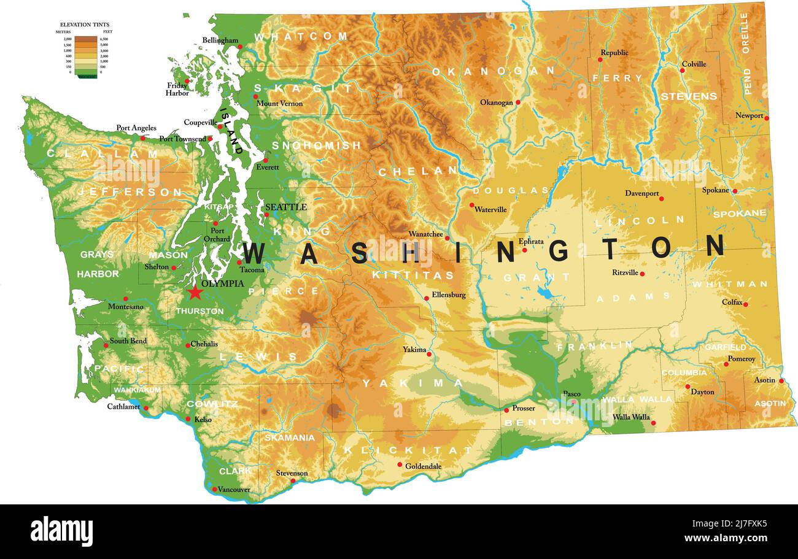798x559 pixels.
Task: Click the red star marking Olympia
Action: [195, 293]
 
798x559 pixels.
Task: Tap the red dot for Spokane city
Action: [735, 191]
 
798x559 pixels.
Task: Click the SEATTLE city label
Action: [285, 207]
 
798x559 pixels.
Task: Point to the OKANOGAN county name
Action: [493, 71]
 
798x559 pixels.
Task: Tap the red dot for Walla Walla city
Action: [653, 423]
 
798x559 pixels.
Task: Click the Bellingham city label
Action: [220, 40]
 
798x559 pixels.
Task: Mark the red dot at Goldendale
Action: [400, 465]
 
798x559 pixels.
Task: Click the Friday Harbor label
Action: [177, 90]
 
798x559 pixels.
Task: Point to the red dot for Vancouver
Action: [214, 489]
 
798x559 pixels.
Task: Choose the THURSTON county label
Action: [199, 311]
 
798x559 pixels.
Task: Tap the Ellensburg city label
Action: [448, 295]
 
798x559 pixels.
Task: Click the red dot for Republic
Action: [600, 60]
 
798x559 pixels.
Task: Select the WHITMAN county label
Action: [729, 284]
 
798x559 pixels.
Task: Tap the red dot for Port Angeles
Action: [143, 138]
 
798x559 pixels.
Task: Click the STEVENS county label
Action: [688, 96]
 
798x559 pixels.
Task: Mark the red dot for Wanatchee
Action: [447, 238]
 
